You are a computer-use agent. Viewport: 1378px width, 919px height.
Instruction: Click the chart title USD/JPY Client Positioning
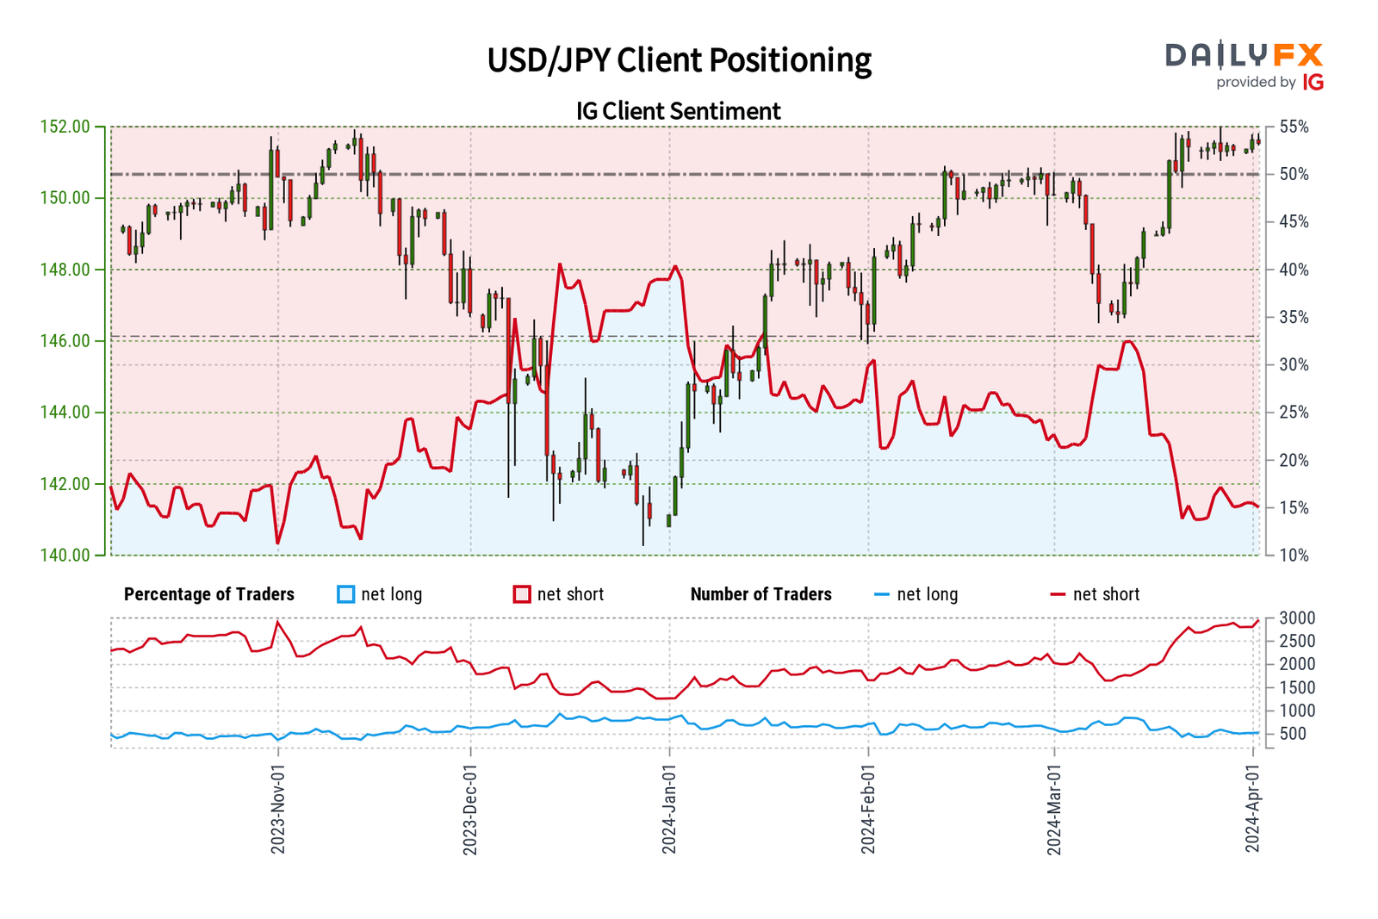[x=679, y=60]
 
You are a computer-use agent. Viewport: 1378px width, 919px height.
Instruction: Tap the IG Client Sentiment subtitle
[x=679, y=111]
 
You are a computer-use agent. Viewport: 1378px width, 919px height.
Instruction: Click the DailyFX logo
[x=1245, y=65]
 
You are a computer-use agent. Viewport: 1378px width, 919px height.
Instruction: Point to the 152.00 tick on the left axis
[x=65, y=127]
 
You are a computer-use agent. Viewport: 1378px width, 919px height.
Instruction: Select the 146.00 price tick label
[x=65, y=341]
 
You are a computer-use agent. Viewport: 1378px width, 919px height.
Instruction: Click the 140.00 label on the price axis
[x=65, y=556]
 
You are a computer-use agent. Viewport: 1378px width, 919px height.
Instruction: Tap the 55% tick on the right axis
[x=1294, y=127]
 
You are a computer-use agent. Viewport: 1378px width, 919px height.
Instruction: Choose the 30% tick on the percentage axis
[x=1294, y=365]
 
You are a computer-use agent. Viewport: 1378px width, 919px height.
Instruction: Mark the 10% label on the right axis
[x=1294, y=556]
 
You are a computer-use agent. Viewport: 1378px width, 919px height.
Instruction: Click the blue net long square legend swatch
[x=346, y=594]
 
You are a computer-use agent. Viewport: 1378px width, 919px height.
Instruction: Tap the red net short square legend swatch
[x=522, y=594]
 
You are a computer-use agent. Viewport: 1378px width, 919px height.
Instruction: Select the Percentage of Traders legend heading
[x=209, y=594]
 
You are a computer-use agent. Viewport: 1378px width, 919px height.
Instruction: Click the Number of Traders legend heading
[x=761, y=594]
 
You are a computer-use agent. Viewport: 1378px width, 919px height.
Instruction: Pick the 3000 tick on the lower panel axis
[x=1297, y=618]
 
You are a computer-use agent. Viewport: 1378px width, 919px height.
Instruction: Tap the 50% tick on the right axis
[x=1294, y=174]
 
